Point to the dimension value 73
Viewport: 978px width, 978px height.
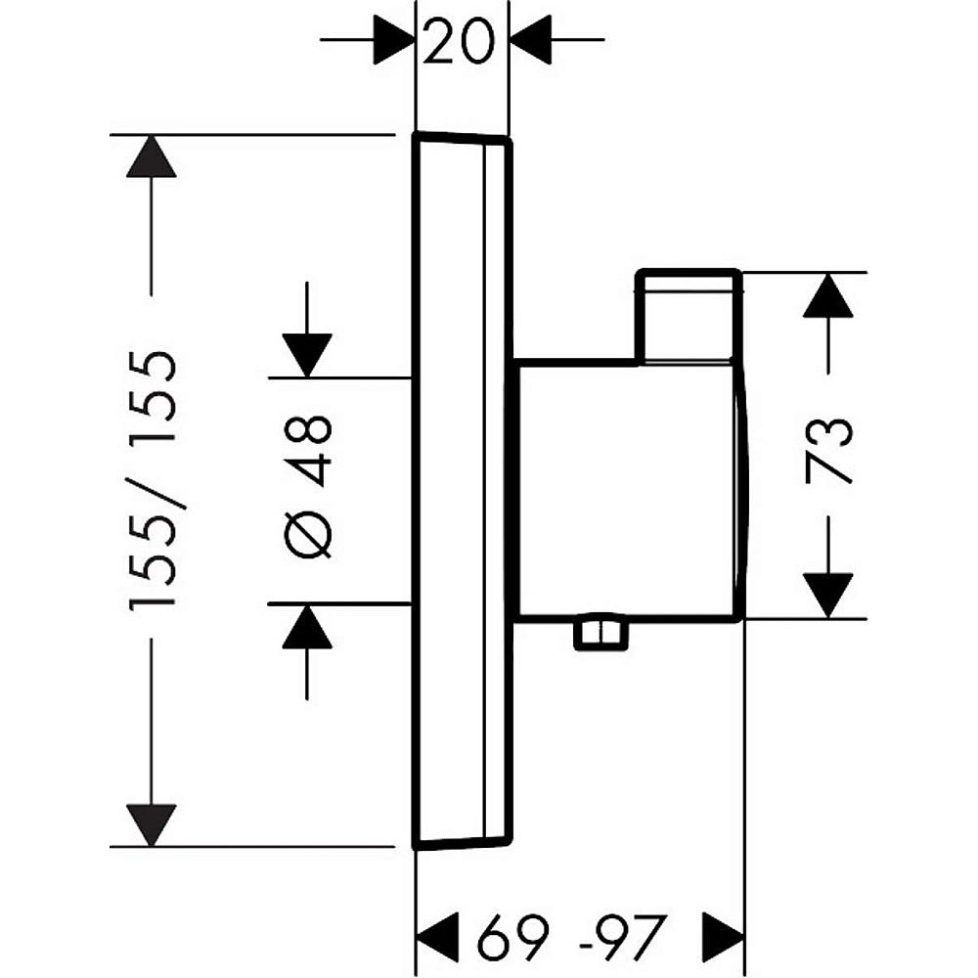click(828, 449)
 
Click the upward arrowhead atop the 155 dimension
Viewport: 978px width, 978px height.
click(152, 156)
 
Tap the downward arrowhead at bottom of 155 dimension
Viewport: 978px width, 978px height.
click(152, 823)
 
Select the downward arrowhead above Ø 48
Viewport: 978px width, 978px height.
click(307, 355)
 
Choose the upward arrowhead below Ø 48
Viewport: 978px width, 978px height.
click(307, 627)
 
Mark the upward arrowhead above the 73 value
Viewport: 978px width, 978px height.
click(827, 295)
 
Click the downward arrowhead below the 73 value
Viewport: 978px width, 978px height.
click(827, 595)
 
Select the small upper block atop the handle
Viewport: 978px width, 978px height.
click(688, 315)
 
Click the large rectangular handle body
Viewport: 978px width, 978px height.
click(626, 489)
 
